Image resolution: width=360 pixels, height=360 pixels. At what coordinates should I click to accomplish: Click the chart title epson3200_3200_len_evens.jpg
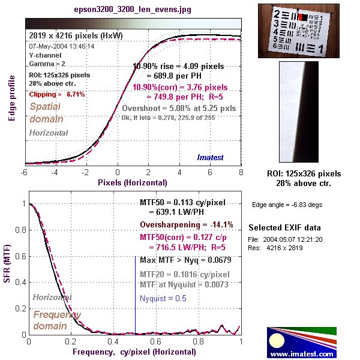point(133,11)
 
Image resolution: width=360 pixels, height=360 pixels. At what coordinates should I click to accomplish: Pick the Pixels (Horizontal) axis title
point(133,181)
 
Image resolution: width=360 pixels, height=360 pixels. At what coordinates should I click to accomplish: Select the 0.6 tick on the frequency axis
point(156,341)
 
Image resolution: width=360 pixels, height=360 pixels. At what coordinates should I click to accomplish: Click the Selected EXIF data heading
point(285,228)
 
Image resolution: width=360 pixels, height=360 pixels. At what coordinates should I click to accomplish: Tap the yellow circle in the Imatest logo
point(277,341)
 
